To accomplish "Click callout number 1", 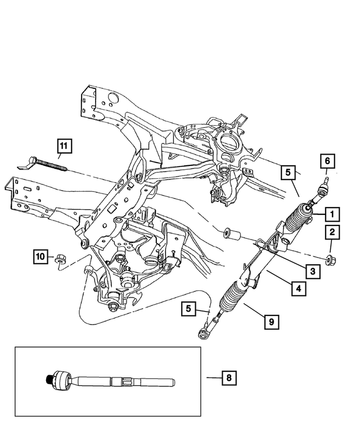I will (332, 214).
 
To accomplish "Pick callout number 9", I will (272, 322).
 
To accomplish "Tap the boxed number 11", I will (64, 147).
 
